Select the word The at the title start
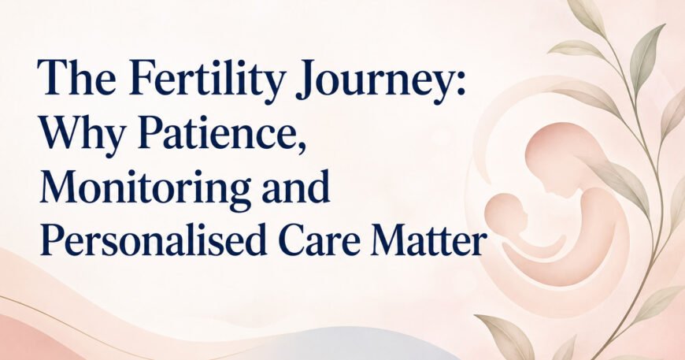tap(77, 77)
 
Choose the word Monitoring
tap(145, 189)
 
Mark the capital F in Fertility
tap(143, 77)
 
